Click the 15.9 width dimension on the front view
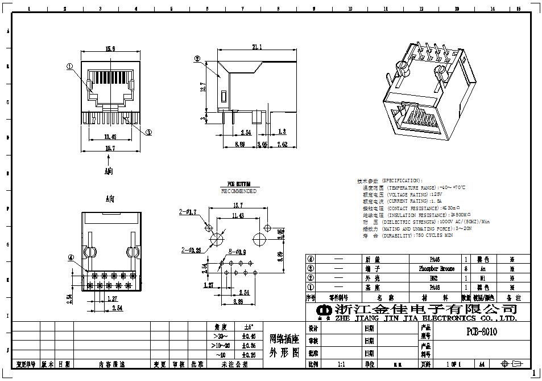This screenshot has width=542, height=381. (110, 49)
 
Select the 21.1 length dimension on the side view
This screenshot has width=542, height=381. (256, 48)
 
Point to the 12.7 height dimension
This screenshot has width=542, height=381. (203, 87)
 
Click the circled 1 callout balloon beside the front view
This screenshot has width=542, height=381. (69, 67)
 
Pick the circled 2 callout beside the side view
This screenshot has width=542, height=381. (197, 58)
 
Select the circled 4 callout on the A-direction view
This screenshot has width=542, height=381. (71, 257)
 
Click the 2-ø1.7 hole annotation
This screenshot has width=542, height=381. (188, 212)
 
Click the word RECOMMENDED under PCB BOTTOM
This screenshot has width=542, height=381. (239, 191)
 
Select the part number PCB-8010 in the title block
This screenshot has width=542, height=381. (482, 332)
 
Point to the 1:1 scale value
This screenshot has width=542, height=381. (341, 363)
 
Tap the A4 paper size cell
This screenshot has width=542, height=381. (482, 363)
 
